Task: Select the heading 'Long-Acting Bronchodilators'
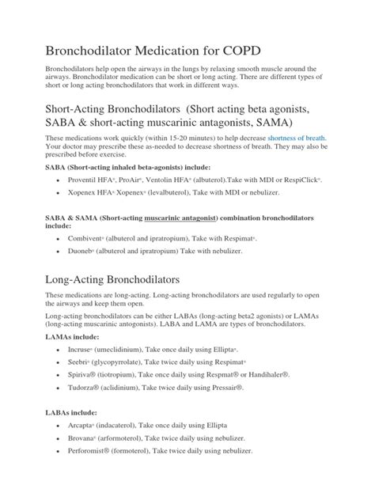pos(124,280)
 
